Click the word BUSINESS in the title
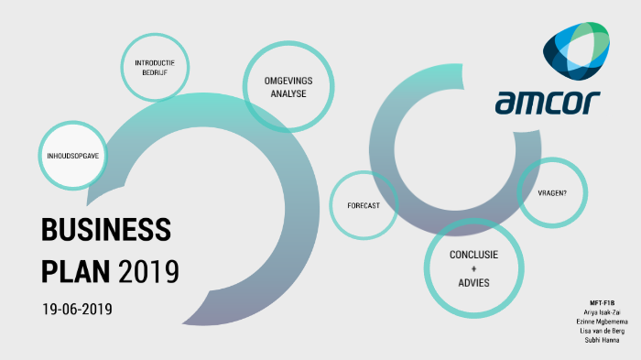pyautogui.click(x=106, y=231)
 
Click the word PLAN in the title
pyautogui.click(x=76, y=271)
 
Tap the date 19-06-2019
pyautogui.click(x=77, y=310)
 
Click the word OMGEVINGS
pyautogui.click(x=288, y=81)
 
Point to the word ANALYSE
pyautogui.click(x=288, y=94)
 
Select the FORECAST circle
pyautogui.click(x=364, y=205)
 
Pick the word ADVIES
pyautogui.click(x=473, y=283)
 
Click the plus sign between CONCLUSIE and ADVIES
pyautogui.click(x=473, y=269)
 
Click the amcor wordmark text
pyautogui.click(x=548, y=104)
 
